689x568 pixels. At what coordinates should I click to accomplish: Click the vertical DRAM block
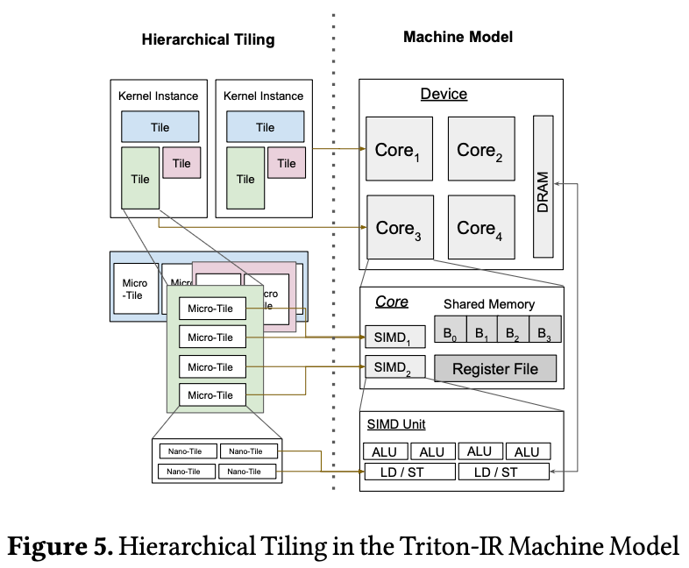[x=543, y=188]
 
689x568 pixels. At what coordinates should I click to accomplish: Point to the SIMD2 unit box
[x=394, y=366]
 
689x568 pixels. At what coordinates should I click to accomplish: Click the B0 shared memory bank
[x=450, y=330]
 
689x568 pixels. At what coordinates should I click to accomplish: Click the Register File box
[x=495, y=369]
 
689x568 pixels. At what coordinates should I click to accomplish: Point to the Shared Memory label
[x=488, y=304]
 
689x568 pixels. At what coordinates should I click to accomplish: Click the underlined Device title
[x=444, y=95]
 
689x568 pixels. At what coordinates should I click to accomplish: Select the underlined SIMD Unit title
[x=394, y=424]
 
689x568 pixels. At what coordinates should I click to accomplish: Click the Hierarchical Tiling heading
[x=208, y=39]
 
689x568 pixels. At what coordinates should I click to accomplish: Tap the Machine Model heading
[x=458, y=37]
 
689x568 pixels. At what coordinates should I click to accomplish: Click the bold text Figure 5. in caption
[x=60, y=546]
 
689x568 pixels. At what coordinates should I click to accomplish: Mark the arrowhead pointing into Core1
[x=362, y=149]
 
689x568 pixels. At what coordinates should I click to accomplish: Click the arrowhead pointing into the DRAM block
[x=560, y=183]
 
